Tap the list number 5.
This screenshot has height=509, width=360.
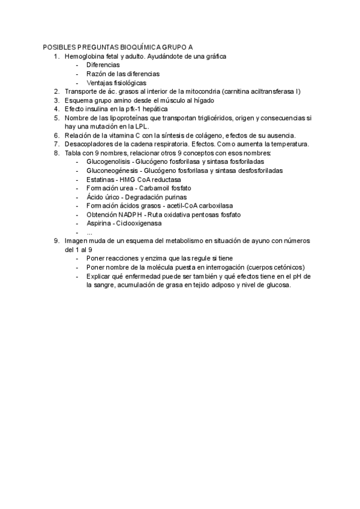tap(56, 118)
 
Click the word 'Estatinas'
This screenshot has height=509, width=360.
tap(100, 179)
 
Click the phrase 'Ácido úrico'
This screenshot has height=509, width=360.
tap(103, 197)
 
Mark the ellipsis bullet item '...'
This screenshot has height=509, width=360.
tap(89, 232)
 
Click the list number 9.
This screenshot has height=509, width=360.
tap(56, 241)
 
